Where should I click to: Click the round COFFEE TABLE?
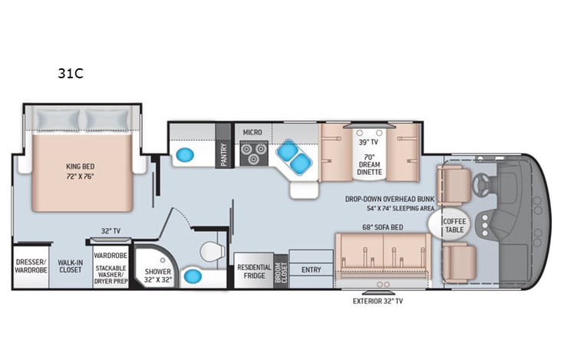[x=454, y=225]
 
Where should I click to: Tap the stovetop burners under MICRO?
[x=252, y=154]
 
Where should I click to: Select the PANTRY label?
[x=224, y=154]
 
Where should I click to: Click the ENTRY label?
[x=312, y=269]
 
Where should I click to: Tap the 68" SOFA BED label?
[x=382, y=226]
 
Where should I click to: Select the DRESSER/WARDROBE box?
[x=31, y=266]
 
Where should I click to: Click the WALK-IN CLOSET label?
[x=70, y=266]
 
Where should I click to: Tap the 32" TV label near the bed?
[x=111, y=230]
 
